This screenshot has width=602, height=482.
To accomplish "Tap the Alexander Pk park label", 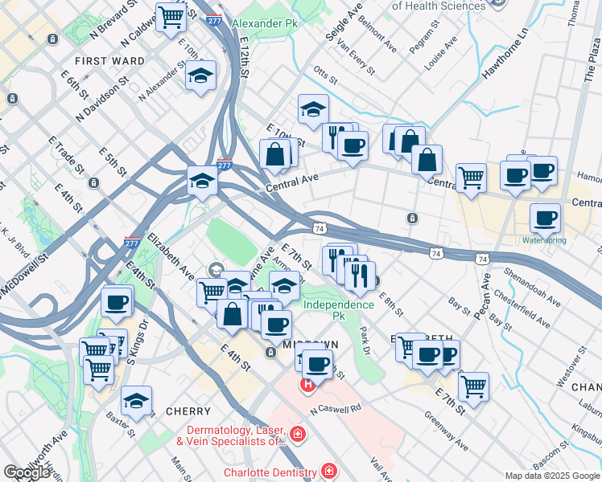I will point(265,23).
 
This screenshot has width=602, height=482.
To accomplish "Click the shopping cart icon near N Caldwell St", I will point(171,15).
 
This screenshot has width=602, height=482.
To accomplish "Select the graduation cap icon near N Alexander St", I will point(200,76).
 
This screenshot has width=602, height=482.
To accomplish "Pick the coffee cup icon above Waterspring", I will point(546,218).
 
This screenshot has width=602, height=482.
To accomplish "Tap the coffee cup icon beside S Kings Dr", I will point(117,302).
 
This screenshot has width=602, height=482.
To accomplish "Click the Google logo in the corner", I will point(27,472).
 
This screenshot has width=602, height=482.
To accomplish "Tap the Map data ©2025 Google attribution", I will point(552,476).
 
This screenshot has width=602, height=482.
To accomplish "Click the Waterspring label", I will point(544,239).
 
